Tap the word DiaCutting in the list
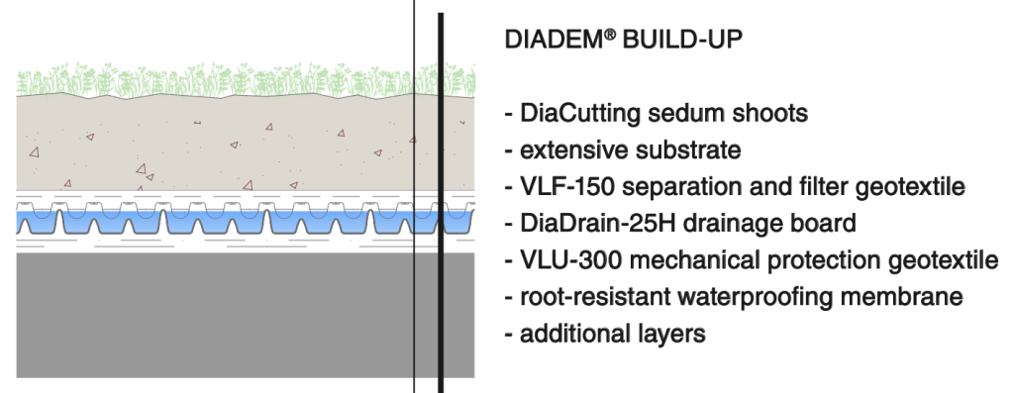[577, 114]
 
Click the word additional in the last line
[567, 334]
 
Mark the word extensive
[568, 150]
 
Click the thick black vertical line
[441, 198]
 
